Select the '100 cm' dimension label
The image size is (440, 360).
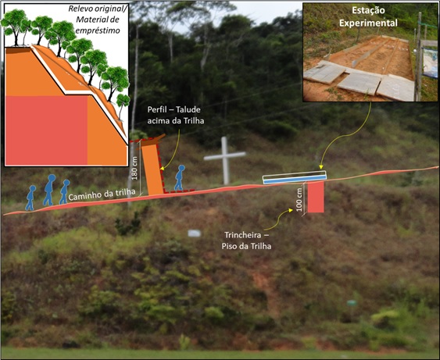point(299,200)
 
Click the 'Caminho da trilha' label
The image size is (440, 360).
point(102,194)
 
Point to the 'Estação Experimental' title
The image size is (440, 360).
point(368,17)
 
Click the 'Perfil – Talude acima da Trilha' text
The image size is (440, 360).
point(176,115)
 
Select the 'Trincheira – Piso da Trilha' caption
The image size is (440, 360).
point(246,241)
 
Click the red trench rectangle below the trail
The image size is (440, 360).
point(316,197)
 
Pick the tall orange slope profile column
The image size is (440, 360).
point(152,168)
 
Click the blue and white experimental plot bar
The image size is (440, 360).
point(295,178)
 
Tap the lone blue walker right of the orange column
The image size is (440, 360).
point(180,178)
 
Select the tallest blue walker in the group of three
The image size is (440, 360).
point(49,190)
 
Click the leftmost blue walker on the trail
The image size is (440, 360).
point(30,198)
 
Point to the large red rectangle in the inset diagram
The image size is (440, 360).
point(47,130)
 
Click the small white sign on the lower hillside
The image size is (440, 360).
point(194,233)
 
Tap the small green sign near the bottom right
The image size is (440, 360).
point(352,303)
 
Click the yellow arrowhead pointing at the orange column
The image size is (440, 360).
point(162,168)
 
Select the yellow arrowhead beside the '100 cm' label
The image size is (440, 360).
point(291,210)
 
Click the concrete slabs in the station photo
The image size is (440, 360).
point(360,80)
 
